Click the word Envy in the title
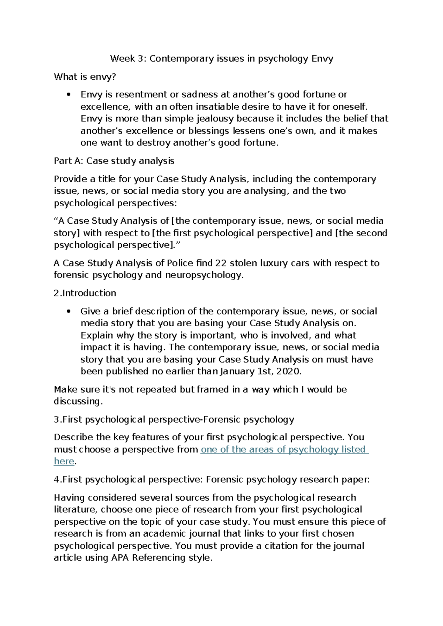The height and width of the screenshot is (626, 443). [322, 59]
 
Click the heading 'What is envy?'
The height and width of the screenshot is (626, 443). [85, 77]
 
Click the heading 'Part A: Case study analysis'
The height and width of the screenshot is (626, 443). [114, 161]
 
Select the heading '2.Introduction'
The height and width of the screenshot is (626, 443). [85, 293]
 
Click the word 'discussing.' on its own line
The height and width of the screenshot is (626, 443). [78, 401]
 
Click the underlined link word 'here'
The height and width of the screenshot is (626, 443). [64, 461]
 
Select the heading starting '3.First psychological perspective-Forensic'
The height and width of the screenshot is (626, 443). [174, 420]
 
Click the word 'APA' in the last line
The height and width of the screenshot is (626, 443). [120, 558]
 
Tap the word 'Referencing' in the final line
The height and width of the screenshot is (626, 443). [159, 558]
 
